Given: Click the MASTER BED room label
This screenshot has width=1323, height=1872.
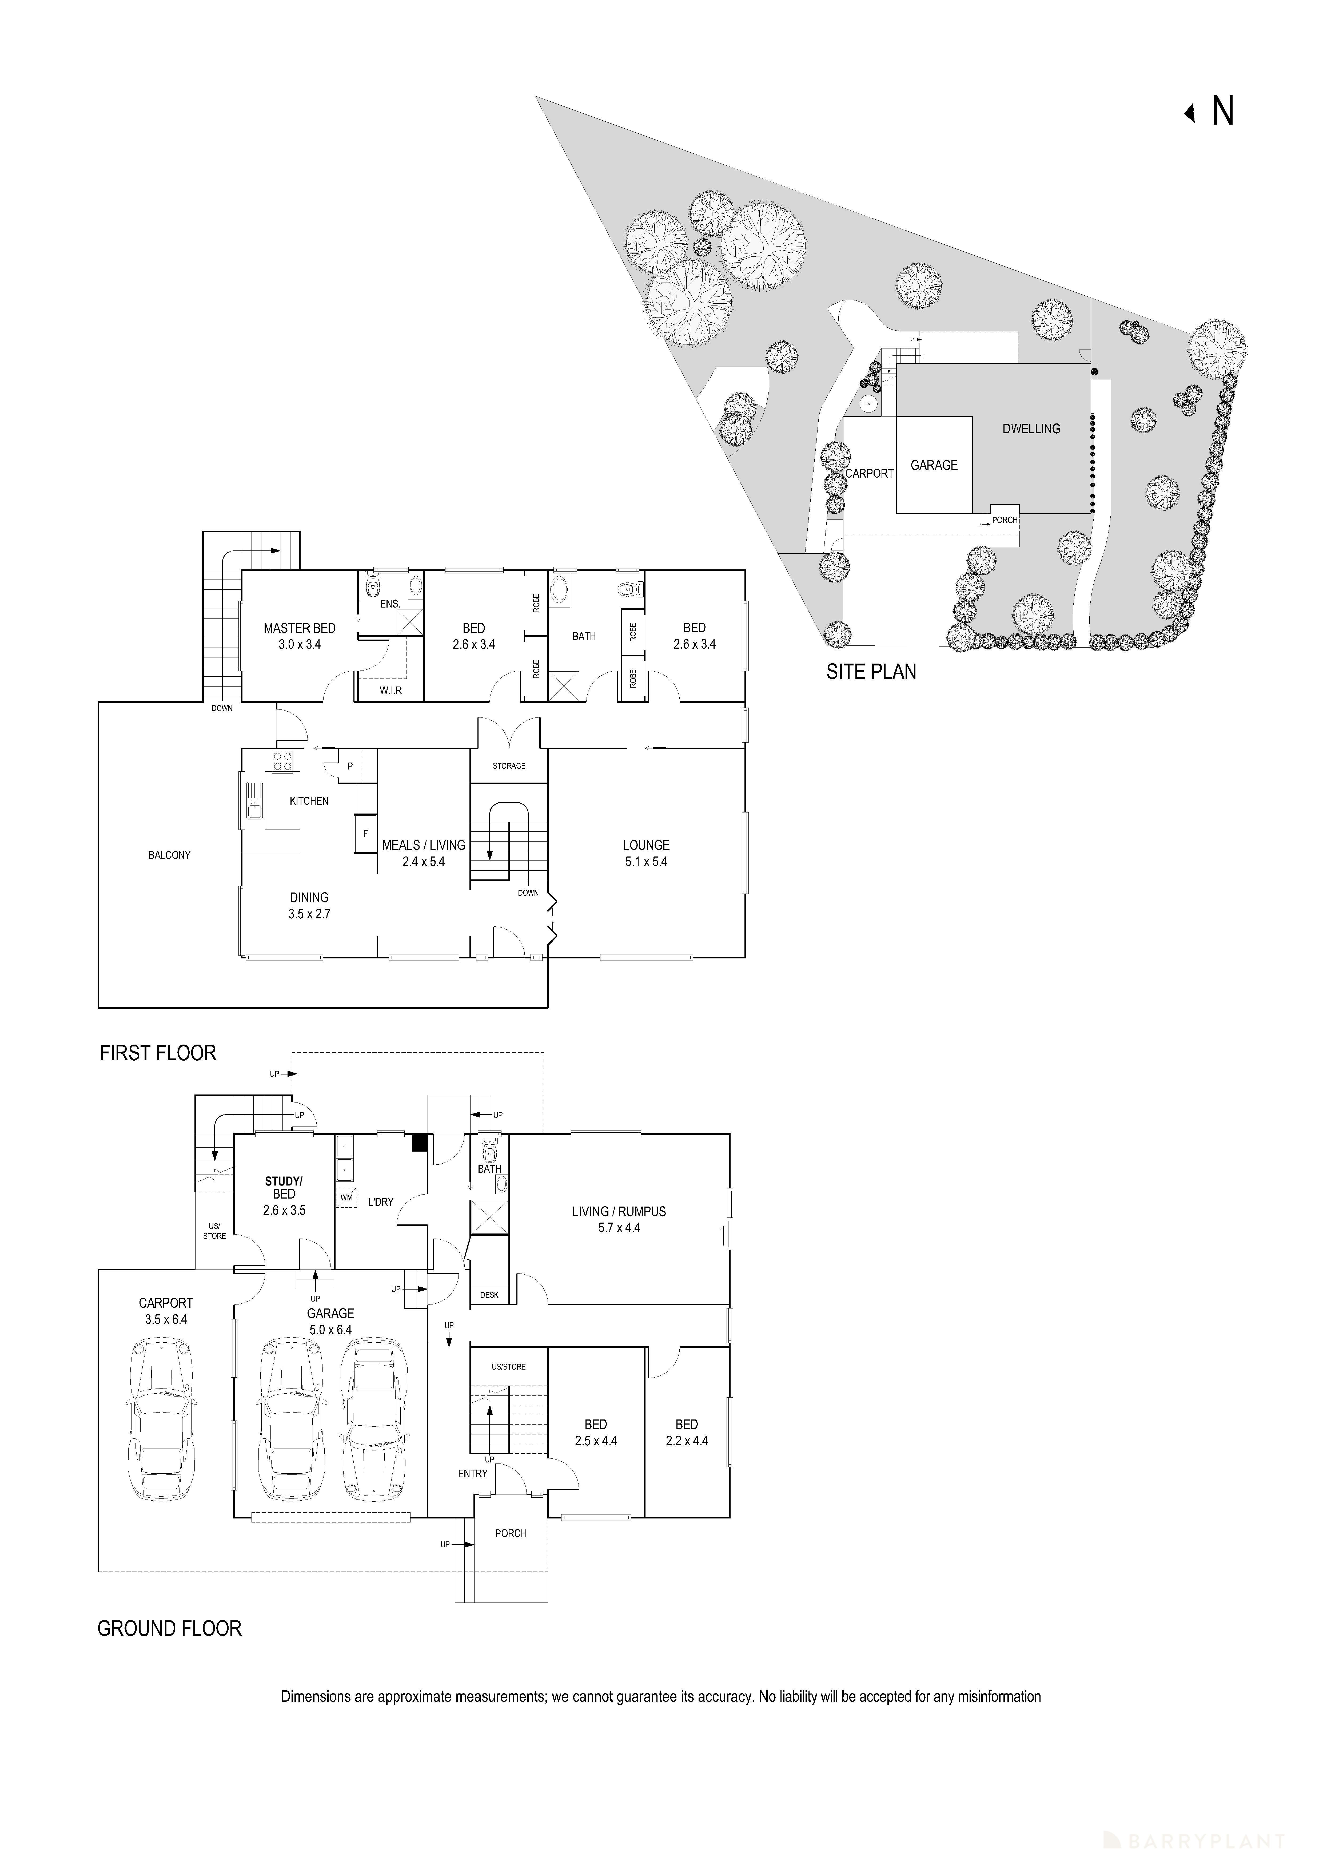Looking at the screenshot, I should pyautogui.click(x=299, y=629).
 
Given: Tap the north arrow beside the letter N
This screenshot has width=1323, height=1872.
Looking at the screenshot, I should pyautogui.click(x=1190, y=113).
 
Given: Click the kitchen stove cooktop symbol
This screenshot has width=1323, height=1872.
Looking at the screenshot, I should pyautogui.click(x=283, y=762).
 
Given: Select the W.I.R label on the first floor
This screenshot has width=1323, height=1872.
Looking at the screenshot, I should pyautogui.click(x=390, y=691).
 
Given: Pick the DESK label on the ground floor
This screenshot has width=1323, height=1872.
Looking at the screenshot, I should pyautogui.click(x=489, y=1295).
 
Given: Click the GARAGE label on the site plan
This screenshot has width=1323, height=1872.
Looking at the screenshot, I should pyautogui.click(x=934, y=466).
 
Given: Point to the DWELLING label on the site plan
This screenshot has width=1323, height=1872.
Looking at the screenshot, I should pyautogui.click(x=1031, y=429).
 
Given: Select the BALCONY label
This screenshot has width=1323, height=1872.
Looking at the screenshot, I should pyautogui.click(x=170, y=855).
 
